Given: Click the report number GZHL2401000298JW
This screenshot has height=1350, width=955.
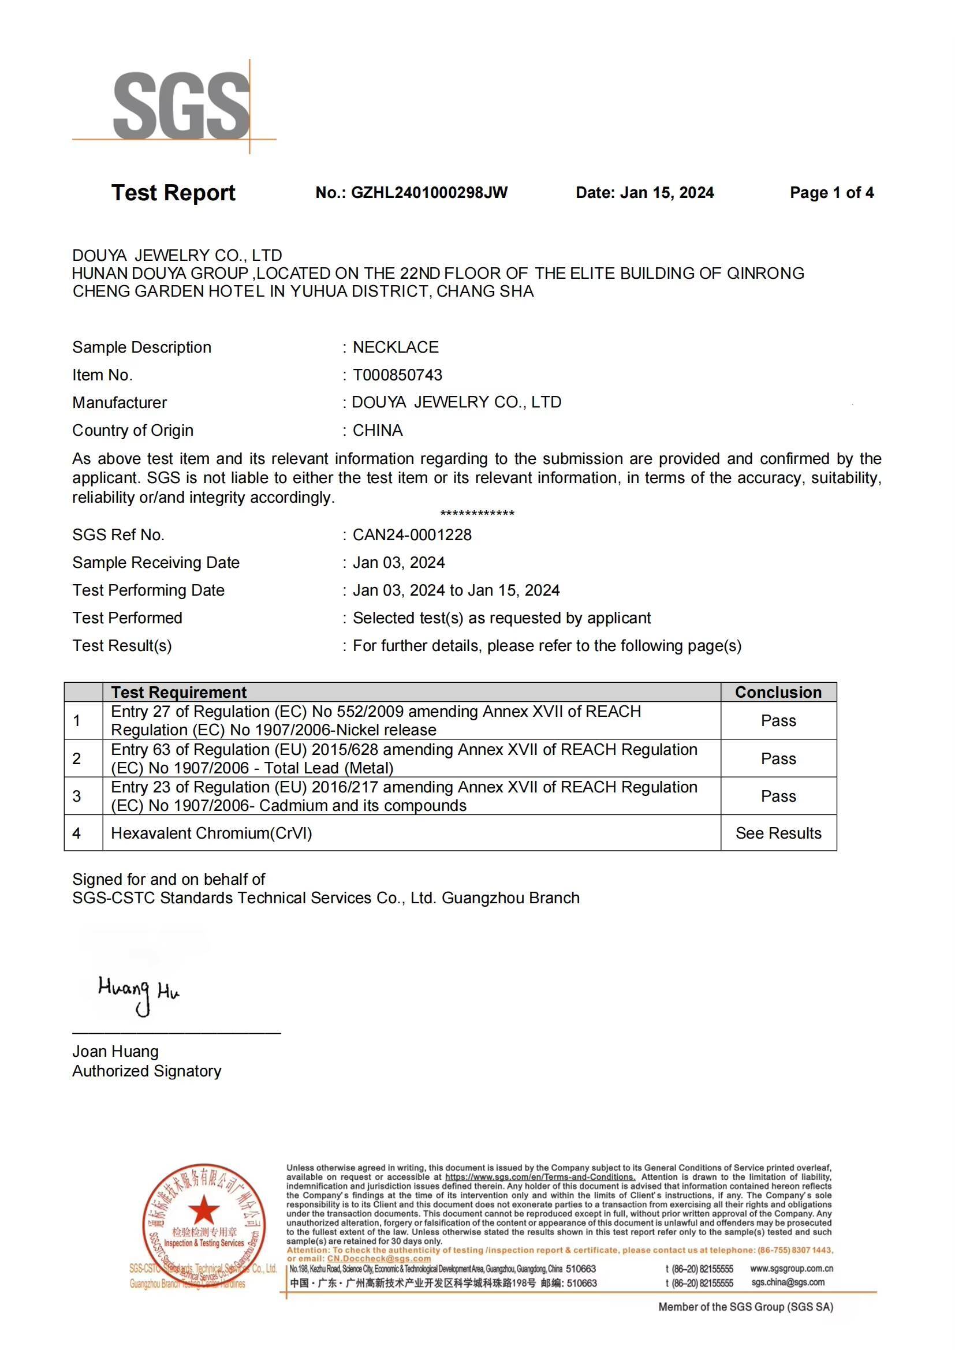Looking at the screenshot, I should coord(428,193).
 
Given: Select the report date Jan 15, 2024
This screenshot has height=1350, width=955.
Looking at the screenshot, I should coord(667,193).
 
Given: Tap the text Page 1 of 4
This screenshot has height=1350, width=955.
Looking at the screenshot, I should coord(831,193).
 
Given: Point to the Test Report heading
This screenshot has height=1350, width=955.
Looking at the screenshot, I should coord(173,193).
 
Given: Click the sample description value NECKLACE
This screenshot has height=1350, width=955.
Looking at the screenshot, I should coord(395,347).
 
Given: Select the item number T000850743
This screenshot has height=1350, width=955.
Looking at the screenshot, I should coord(397,375).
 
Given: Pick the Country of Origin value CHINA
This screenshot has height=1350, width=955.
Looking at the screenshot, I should coord(378,431).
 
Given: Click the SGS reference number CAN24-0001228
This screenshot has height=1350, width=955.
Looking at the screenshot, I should coord(412,535).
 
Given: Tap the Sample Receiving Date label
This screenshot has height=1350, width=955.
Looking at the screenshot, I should coord(156,563).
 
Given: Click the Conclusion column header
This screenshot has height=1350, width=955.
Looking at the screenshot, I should coord(778,692).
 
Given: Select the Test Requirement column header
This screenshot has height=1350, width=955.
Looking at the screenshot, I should coord(179,692).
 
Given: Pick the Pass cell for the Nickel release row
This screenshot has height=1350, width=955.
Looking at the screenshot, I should coord(778,721).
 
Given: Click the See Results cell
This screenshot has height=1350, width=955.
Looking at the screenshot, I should coord(778,833).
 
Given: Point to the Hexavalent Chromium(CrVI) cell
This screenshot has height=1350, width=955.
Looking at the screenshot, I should coord(211,833).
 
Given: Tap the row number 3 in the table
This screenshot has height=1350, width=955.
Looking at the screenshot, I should coord(76,796).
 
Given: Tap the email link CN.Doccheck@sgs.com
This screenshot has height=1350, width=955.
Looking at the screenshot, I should coord(379,1259).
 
